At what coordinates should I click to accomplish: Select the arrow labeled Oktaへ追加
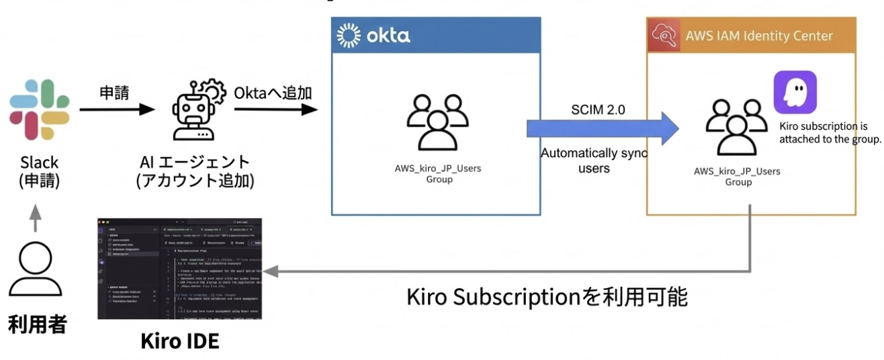click(x=276, y=109)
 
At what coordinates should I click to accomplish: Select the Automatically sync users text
click(x=593, y=161)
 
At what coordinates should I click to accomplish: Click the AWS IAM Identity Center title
click(x=759, y=36)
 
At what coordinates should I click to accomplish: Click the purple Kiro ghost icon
click(x=795, y=92)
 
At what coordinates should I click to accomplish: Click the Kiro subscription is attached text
click(x=829, y=133)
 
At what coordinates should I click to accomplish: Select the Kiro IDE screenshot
click(x=179, y=268)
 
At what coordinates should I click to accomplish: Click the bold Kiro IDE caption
click(x=179, y=341)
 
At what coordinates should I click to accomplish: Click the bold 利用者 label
click(x=38, y=326)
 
